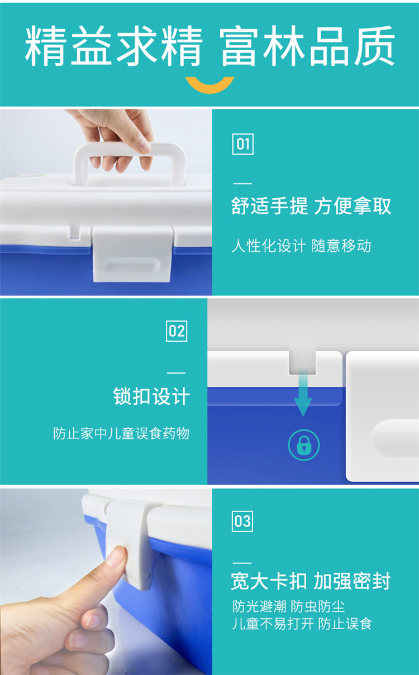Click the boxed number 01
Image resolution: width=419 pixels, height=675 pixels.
click(242, 144)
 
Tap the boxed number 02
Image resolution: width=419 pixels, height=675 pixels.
click(177, 331)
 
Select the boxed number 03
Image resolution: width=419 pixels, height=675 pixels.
click(242, 521)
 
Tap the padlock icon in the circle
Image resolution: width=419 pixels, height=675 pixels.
click(304, 445)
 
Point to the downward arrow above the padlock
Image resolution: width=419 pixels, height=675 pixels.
click(303, 393)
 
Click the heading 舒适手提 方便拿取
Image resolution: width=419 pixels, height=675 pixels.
click(311, 207)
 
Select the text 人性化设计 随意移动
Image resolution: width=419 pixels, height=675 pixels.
click(301, 246)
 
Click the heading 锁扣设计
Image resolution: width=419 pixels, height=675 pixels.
click(151, 396)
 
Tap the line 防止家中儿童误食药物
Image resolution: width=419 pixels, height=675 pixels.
click(121, 434)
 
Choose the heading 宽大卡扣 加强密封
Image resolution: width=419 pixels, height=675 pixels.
click(311, 581)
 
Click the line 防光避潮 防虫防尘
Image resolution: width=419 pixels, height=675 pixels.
click(288, 606)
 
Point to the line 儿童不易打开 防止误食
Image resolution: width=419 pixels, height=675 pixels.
click(302, 624)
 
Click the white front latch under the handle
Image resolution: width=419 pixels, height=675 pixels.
click(132, 254)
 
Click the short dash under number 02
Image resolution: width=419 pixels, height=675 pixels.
click(176, 373)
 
